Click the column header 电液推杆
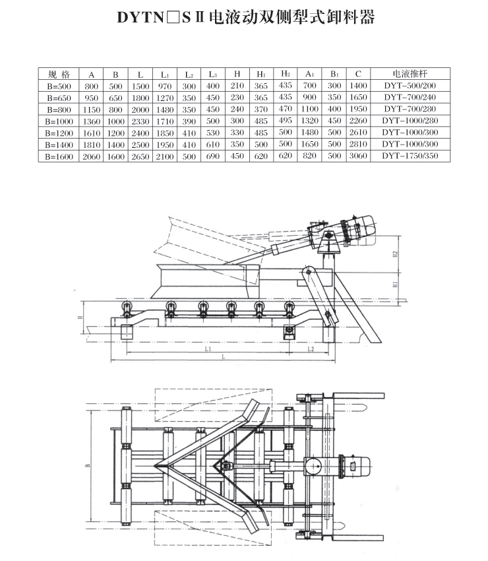(x=410, y=74)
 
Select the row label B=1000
(x=59, y=121)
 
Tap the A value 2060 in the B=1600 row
(x=92, y=156)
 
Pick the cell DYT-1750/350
(x=410, y=156)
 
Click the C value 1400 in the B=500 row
(x=357, y=86)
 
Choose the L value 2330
(x=141, y=121)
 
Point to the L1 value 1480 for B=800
(x=165, y=109)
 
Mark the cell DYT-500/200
(x=410, y=86)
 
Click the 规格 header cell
(x=59, y=74)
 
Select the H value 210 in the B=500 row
(x=237, y=86)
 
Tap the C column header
(x=357, y=74)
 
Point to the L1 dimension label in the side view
(x=206, y=348)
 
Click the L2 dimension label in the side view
(x=311, y=348)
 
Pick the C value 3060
(x=357, y=156)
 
